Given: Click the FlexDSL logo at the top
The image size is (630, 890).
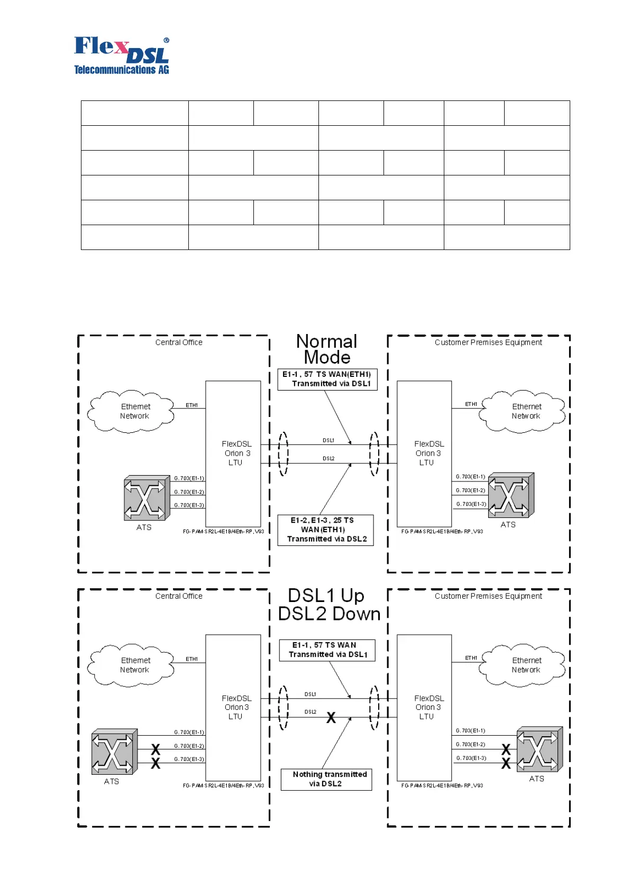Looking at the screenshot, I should click(x=122, y=55).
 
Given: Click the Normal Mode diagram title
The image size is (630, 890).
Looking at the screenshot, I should click(x=326, y=349).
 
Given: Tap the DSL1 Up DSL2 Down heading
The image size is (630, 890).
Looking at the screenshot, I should click(x=328, y=605).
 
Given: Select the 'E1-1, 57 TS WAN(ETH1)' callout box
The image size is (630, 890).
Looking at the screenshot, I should click(x=327, y=379).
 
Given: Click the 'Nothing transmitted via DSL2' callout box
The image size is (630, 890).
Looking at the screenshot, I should click(x=326, y=779).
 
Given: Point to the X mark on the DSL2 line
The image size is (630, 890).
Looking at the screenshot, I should click(x=331, y=718).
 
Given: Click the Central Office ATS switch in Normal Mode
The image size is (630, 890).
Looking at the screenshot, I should click(x=144, y=497).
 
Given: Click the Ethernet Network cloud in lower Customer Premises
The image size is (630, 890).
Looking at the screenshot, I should click(x=523, y=665).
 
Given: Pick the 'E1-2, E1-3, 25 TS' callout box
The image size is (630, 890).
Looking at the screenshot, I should click(x=325, y=530).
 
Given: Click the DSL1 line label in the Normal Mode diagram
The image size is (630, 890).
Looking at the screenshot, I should click(x=328, y=440).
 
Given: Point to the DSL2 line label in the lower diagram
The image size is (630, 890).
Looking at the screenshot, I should click(x=311, y=712).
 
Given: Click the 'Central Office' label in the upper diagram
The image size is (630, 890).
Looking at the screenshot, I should click(x=179, y=342).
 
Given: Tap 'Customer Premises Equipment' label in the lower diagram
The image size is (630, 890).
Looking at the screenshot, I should click(x=488, y=596).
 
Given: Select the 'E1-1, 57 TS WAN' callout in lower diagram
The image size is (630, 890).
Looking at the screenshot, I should click(x=327, y=650).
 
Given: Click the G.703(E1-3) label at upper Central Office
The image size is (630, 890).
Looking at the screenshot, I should click(x=189, y=505).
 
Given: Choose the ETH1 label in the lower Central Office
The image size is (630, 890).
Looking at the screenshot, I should click(x=191, y=659).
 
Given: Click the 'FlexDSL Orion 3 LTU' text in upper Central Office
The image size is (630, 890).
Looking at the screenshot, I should click(x=236, y=453).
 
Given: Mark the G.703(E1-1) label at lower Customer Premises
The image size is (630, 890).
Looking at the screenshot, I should click(x=470, y=731).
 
